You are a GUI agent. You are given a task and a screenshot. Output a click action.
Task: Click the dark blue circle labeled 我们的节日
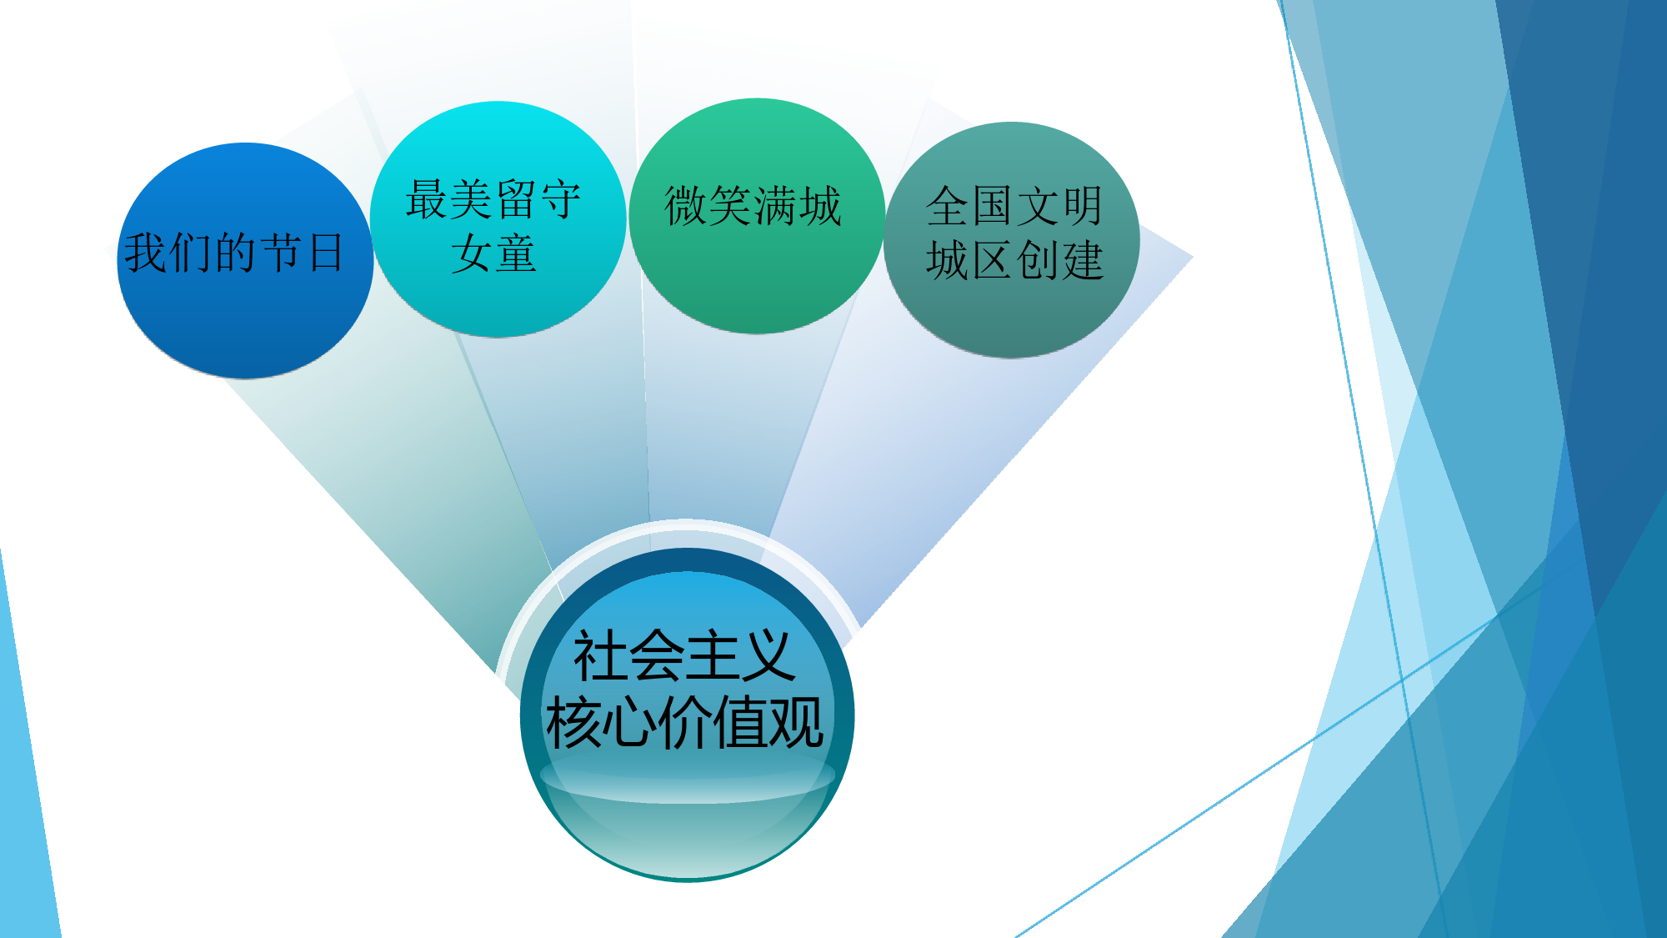(245, 261)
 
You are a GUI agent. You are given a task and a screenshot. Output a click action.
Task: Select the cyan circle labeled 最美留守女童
(498, 219)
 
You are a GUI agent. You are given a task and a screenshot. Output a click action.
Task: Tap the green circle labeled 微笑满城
(757, 216)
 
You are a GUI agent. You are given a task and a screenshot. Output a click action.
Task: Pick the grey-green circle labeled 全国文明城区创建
(1012, 240)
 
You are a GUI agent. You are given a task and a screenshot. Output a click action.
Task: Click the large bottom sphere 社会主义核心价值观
(687, 715)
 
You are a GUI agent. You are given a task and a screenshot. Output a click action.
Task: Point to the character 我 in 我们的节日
(147, 253)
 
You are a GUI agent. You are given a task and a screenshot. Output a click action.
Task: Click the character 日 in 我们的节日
(327, 253)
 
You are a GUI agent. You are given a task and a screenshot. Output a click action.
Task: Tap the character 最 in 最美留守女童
(428, 199)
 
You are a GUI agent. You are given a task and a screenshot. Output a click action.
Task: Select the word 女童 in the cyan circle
(493, 254)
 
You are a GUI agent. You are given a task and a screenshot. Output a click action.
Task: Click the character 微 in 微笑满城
(685, 205)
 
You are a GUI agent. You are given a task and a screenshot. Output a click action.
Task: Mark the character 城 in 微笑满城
(820, 205)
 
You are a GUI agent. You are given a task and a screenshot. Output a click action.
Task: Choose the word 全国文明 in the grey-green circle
(1014, 205)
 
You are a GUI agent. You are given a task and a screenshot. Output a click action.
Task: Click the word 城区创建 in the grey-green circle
(1014, 260)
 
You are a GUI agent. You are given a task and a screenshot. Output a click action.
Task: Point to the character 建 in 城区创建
(1082, 260)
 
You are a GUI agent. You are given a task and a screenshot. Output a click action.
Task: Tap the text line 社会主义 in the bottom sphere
(684, 656)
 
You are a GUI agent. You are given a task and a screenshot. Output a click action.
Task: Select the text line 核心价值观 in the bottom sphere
(684, 722)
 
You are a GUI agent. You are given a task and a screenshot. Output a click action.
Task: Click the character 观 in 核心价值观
(797, 722)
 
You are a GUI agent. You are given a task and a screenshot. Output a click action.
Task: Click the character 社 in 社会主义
(600, 656)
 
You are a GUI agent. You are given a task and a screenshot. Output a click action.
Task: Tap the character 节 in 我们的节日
(281, 253)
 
